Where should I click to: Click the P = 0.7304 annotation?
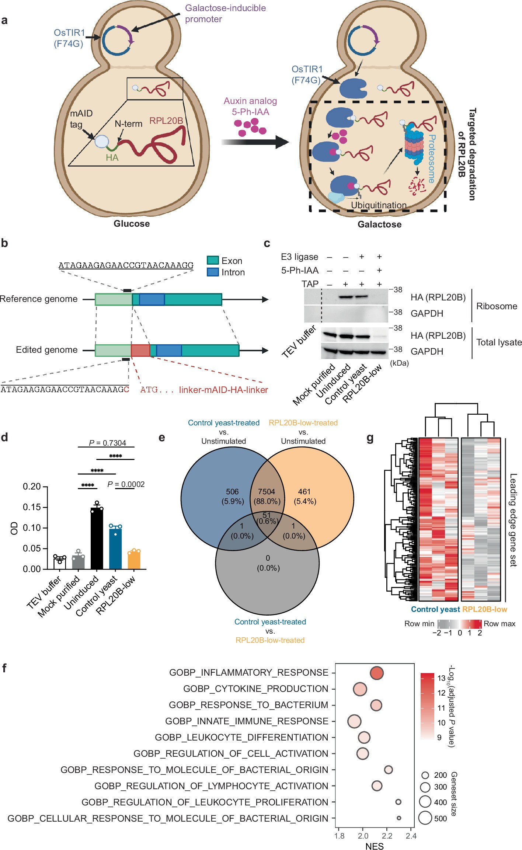[107, 443]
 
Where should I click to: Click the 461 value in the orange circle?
[304, 492]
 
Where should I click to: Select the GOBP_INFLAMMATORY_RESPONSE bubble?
[376, 673]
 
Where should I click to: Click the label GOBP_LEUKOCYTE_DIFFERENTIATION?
[241, 737]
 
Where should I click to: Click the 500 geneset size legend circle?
[425, 818]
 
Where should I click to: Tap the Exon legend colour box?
[213, 261]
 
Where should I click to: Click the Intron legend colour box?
[213, 272]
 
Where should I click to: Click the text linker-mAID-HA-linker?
[223, 390]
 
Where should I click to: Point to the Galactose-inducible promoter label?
[225, 14]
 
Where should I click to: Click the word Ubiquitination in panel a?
[379, 205]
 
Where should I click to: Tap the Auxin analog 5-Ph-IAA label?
[250, 106]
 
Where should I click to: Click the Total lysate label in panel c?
[499, 342]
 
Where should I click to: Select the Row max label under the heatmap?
[500, 624]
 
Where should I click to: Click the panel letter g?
[370, 438]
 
